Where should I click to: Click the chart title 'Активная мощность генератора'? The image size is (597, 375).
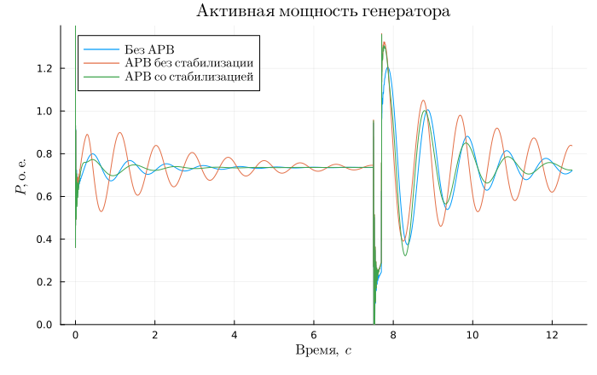[x=323, y=11]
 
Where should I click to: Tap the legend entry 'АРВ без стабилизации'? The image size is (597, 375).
[x=190, y=63]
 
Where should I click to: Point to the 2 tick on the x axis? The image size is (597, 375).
[x=154, y=335]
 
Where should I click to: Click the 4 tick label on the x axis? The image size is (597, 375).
[x=235, y=335]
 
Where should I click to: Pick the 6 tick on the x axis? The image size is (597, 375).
[x=314, y=335]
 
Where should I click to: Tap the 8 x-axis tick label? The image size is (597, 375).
[x=393, y=335]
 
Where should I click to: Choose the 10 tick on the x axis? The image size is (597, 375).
[x=472, y=335]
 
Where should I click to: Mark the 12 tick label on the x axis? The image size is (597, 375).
[x=552, y=335]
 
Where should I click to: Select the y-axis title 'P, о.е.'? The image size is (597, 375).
[x=21, y=176]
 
